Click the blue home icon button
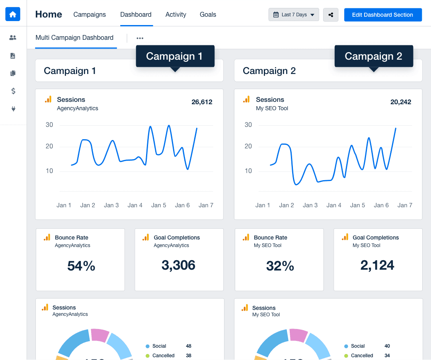point(13,14)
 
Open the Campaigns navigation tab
point(90,15)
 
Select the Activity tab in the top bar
point(176,15)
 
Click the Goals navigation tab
point(208,15)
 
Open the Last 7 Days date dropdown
point(294,15)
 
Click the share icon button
point(331,15)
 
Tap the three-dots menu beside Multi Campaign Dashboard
point(140,38)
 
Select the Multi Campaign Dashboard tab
point(74,38)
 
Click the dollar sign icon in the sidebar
point(13,91)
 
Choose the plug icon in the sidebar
point(13,109)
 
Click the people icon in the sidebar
point(13,38)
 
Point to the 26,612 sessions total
point(202,102)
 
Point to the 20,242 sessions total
point(401,102)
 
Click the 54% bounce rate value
point(81,266)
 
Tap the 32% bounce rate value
point(280,266)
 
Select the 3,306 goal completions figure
point(178,265)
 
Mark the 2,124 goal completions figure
point(377,265)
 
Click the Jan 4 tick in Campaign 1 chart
point(135,205)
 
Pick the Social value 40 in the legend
point(387,346)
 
